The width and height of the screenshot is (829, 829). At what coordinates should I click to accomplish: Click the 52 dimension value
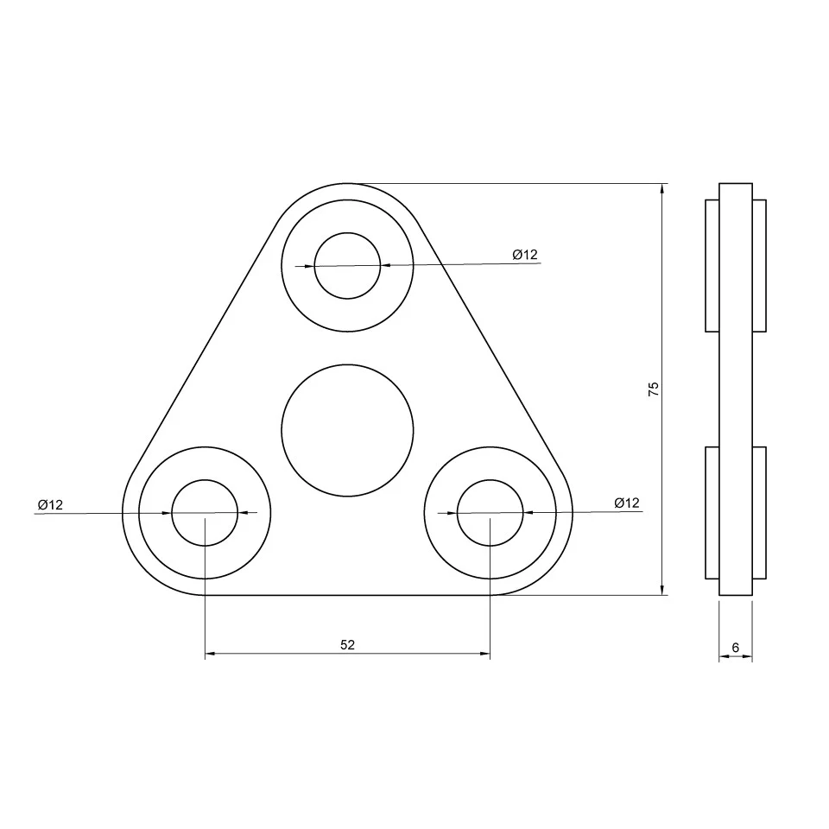tap(347, 644)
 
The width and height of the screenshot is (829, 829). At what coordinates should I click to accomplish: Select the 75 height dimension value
tap(654, 389)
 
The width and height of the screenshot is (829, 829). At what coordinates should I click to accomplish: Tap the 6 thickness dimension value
tap(736, 647)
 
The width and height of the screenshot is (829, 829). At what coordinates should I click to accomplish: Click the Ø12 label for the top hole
tap(525, 254)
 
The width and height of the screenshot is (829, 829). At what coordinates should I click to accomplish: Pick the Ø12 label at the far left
tap(50, 504)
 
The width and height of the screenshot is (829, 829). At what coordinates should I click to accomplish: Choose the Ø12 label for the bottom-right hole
tap(627, 503)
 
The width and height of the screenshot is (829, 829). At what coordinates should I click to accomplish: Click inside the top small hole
tap(347, 265)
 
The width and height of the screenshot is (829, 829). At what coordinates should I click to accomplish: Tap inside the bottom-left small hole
tap(205, 513)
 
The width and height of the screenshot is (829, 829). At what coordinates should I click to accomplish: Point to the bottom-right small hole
tap(490, 513)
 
